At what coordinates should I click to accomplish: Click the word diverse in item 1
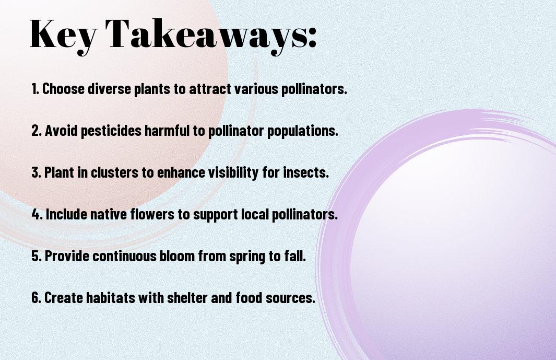(109, 89)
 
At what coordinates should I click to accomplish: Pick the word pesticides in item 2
(111, 131)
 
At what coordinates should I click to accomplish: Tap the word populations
(302, 131)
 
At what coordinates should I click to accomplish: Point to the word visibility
(233, 172)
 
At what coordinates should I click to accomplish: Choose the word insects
(306, 172)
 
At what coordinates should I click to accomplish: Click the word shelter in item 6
(187, 297)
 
